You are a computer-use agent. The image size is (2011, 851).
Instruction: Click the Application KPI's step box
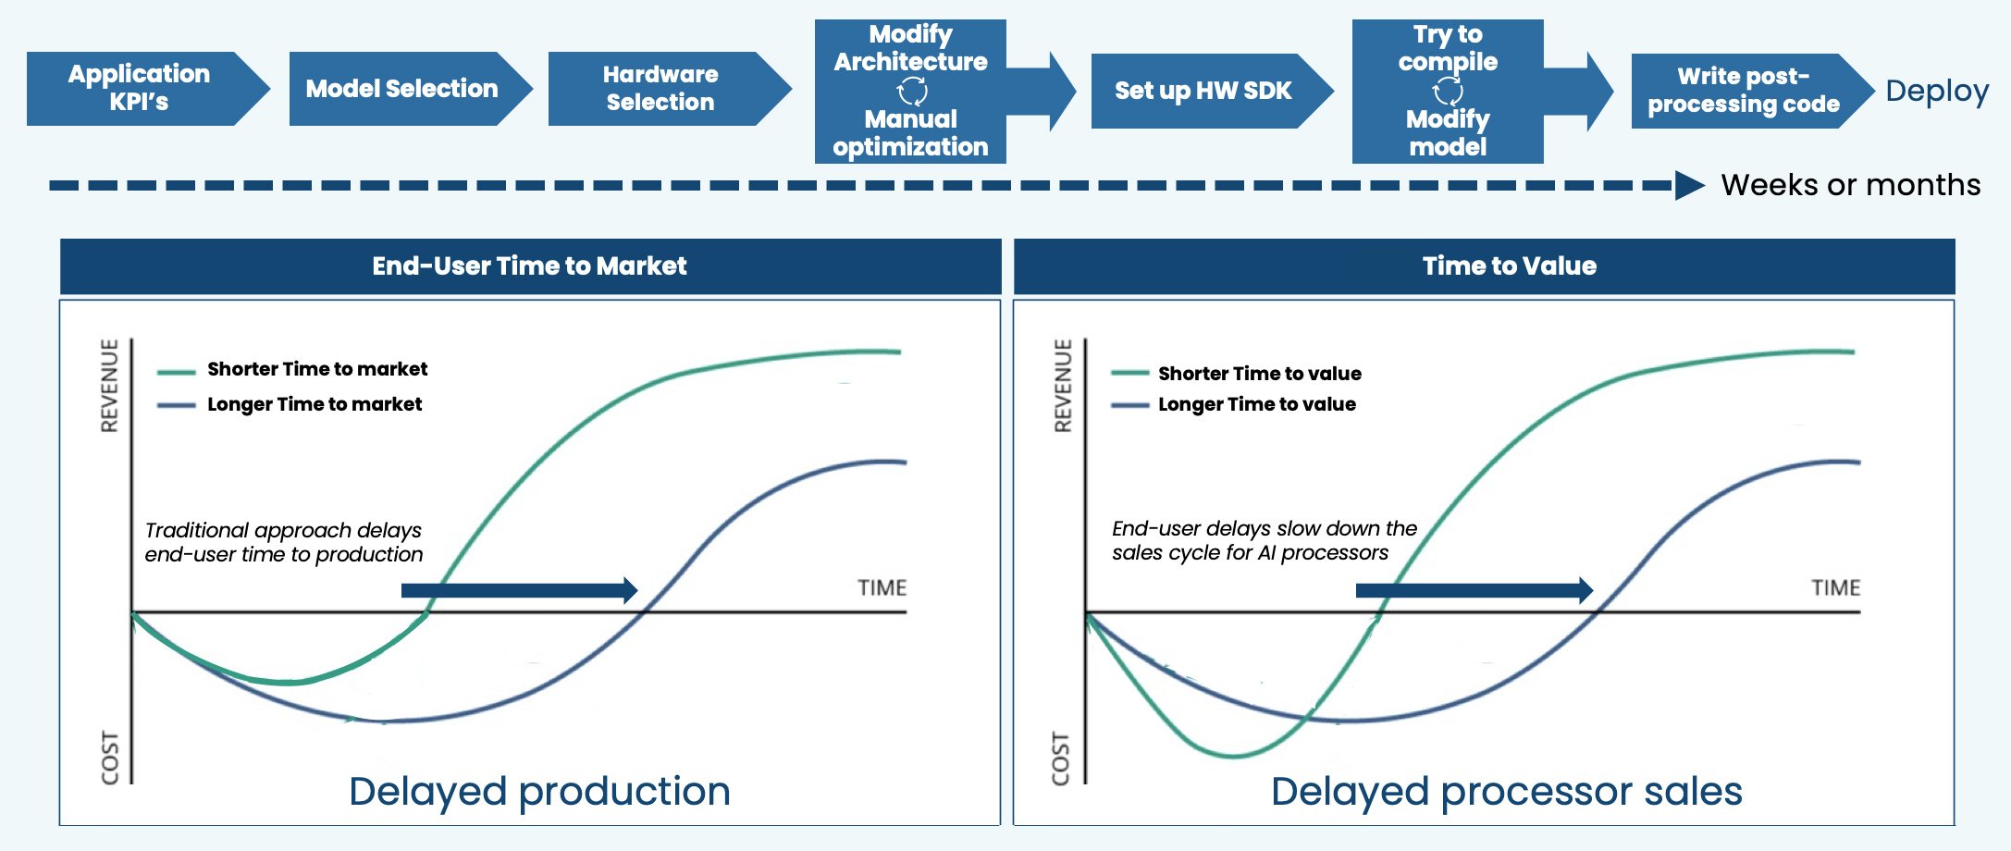point(139,88)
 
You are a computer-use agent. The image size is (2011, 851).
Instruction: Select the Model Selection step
point(401,89)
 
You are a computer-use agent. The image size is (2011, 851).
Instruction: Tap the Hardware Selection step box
point(660,89)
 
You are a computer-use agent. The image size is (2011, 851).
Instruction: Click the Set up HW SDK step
point(1203,91)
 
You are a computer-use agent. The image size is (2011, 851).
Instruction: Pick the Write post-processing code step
point(1743,91)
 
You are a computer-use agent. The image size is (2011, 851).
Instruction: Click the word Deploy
point(1936,91)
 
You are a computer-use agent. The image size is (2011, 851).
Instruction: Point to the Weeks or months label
point(1850,185)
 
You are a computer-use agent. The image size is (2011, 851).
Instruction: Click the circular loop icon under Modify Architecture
point(912,91)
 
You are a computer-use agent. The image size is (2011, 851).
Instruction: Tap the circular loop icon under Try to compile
point(1448,91)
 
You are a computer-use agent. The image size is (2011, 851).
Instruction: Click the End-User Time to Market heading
point(529,266)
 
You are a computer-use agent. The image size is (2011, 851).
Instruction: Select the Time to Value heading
point(1509,266)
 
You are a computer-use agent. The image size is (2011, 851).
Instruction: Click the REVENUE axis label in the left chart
point(110,386)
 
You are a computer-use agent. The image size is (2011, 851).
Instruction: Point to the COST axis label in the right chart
point(1061,758)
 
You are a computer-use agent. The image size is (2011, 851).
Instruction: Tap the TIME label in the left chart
point(882,588)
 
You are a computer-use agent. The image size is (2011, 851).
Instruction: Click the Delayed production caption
point(539,792)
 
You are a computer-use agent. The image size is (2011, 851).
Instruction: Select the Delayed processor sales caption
point(1506,792)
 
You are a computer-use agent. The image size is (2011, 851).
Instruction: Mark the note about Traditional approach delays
point(283,542)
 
